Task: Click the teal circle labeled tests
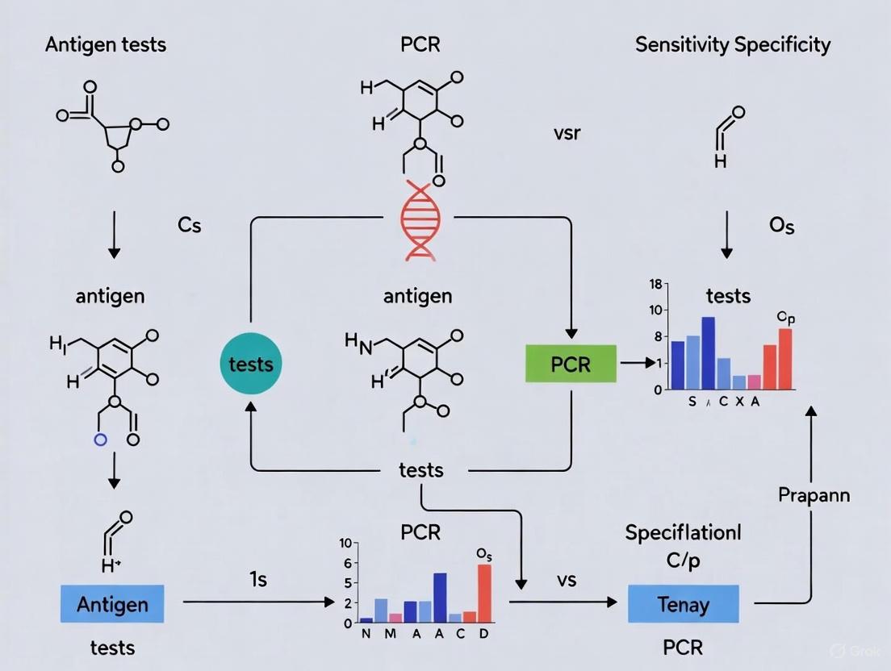point(251,364)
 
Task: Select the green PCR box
point(571,365)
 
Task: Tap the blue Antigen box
point(112,603)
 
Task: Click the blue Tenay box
point(683,603)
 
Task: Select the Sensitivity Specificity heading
point(732,44)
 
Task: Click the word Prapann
point(814,494)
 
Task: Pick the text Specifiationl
point(683,533)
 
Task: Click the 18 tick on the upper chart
point(655,285)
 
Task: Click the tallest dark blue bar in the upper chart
point(709,353)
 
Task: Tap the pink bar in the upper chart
point(754,381)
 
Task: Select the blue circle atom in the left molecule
point(100,440)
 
